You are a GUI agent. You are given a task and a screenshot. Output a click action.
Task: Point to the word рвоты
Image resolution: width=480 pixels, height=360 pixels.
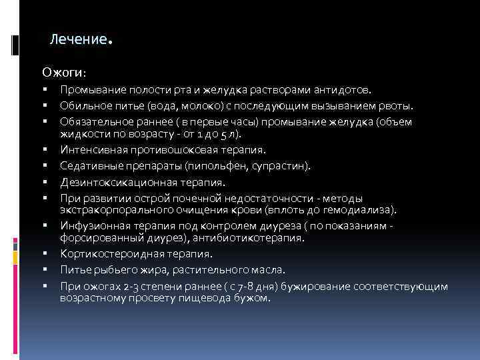click(397, 105)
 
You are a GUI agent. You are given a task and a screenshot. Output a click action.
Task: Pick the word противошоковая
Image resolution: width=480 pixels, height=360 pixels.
click(175, 149)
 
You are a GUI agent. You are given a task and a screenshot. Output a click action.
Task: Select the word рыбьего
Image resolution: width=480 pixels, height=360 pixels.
click(126, 270)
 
